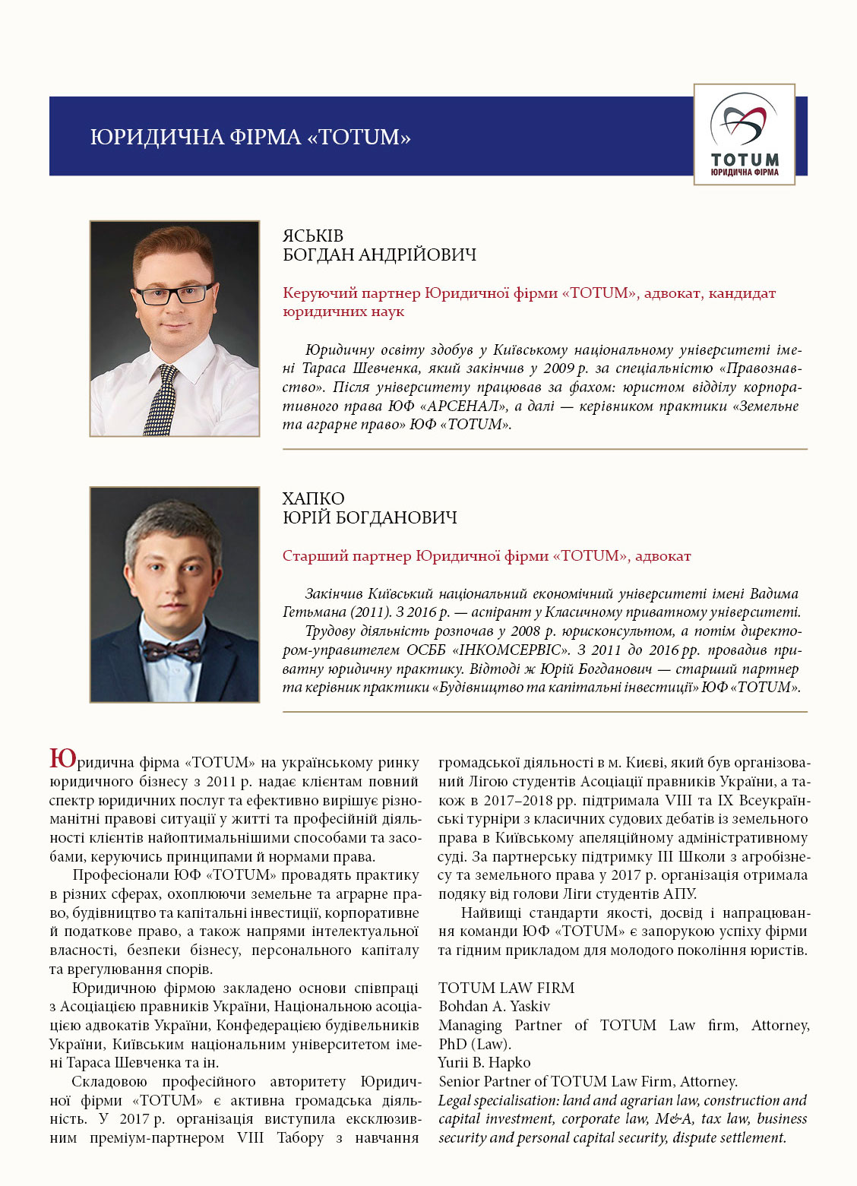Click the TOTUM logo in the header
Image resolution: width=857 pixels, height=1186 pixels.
(744, 134)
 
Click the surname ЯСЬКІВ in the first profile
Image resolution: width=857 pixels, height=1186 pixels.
(313, 236)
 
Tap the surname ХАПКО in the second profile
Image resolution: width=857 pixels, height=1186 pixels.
(313, 498)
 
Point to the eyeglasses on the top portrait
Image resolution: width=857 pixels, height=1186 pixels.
(174, 293)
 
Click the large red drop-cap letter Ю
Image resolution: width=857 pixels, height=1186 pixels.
(63, 758)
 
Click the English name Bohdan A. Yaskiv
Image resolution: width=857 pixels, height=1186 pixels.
(494, 1006)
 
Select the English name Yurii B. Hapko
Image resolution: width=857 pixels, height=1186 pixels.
(484, 1062)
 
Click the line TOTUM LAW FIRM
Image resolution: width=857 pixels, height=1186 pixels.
(506, 988)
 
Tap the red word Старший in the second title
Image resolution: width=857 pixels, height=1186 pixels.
(310, 556)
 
